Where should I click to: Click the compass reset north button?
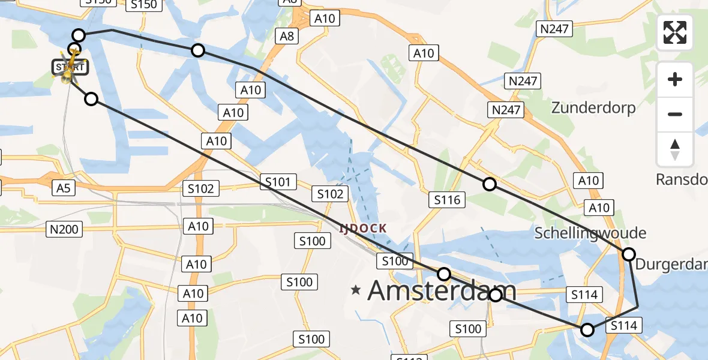click(x=675, y=149)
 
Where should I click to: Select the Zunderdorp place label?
click(x=593, y=107)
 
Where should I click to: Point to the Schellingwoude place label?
click(x=590, y=233)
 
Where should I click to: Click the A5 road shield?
click(x=63, y=188)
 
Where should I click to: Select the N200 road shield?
click(x=64, y=228)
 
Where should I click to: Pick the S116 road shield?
click(x=448, y=200)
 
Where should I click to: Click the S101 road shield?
click(x=278, y=182)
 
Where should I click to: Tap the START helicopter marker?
click(x=71, y=66)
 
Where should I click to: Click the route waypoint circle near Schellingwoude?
click(x=628, y=254)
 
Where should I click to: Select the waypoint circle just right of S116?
click(x=490, y=184)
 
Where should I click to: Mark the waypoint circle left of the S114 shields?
click(x=587, y=329)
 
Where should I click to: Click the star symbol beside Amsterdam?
click(x=356, y=290)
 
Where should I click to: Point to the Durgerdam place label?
click(x=671, y=264)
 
